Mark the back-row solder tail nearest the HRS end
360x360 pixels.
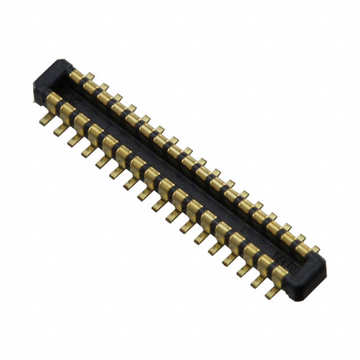click(x=316, y=248)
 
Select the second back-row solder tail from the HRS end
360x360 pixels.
click(x=301, y=238)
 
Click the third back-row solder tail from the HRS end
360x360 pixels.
click(x=287, y=228)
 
